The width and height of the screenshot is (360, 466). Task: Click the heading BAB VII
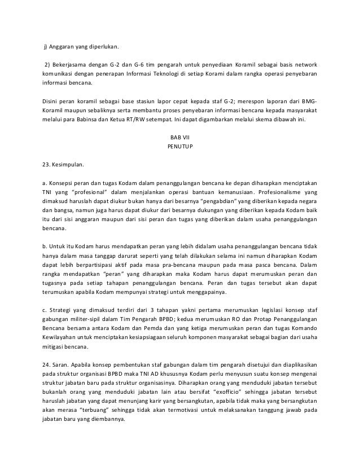pyautogui.click(x=180, y=138)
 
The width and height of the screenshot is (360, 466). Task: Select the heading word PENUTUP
pyautogui.click(x=180, y=148)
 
